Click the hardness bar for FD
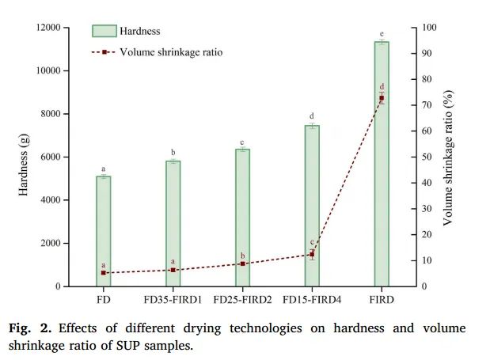tap(104, 229)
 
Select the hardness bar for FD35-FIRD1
tap(173, 222)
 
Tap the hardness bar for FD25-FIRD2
tap(242, 217)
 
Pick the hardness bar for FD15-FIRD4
tap(312, 205)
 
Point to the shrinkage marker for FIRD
tap(382, 97)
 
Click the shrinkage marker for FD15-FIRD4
tap(312, 254)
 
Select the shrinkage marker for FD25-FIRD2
tap(242, 263)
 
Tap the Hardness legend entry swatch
tap(104, 31)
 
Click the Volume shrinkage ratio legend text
tap(171, 52)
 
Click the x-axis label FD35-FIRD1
tap(173, 300)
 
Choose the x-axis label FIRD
tap(382, 300)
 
